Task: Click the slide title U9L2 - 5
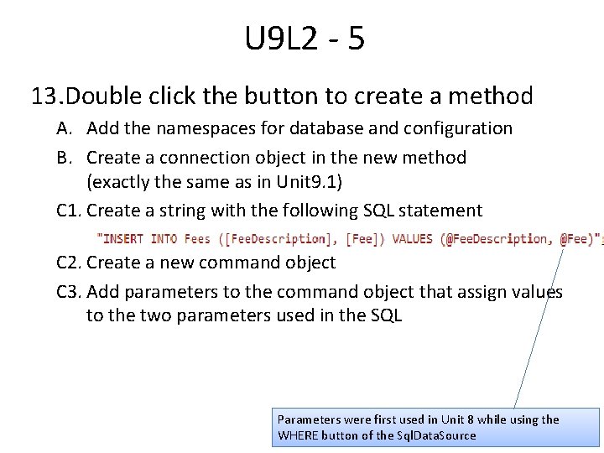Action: [305, 39]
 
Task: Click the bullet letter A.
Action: [64, 128]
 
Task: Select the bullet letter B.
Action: [64, 158]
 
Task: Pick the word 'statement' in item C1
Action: [441, 211]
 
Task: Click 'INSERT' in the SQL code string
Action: [123, 239]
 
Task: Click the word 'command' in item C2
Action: [236, 263]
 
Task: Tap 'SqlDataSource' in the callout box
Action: [434, 435]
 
